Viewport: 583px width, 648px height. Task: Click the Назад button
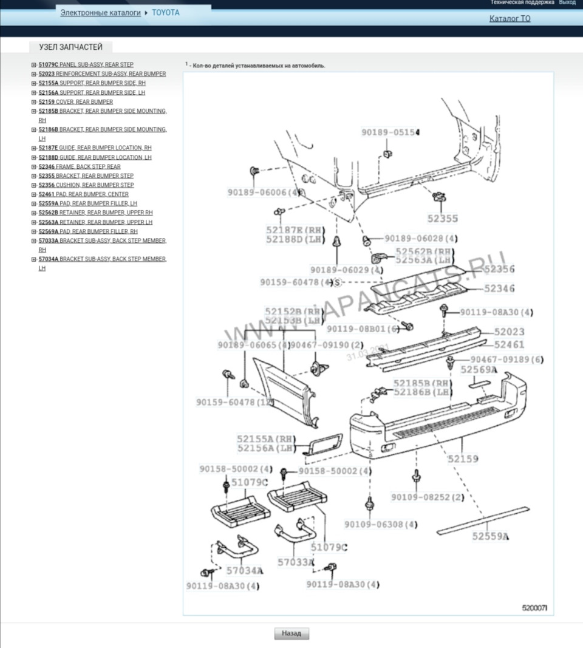[291, 633]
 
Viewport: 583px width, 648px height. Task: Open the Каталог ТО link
[510, 19]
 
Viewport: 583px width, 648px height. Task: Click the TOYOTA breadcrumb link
[165, 13]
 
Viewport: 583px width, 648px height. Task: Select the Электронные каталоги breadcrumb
[100, 13]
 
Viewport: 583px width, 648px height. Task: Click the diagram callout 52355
[442, 219]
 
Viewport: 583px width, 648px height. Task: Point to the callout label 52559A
[491, 536]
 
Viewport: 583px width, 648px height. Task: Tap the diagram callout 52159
[463, 460]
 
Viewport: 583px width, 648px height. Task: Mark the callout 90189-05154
[390, 132]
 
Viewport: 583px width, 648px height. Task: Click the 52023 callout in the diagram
[509, 332]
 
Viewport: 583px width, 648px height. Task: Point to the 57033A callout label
[296, 562]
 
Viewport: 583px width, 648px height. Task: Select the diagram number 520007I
[535, 607]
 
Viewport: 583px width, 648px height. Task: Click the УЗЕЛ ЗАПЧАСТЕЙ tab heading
[70, 47]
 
